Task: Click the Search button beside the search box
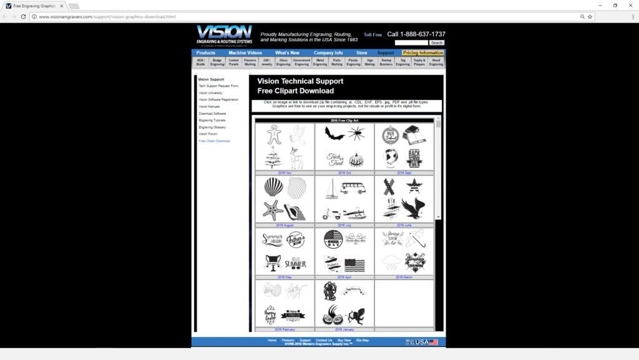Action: [x=437, y=42]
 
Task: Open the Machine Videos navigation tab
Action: [x=245, y=53]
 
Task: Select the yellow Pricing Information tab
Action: [x=423, y=53]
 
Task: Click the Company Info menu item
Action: [x=328, y=53]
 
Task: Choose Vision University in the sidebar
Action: [x=210, y=93]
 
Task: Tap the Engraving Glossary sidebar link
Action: [x=212, y=127]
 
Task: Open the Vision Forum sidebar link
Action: [x=208, y=134]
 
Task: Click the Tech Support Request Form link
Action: [x=218, y=86]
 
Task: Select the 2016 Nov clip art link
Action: [x=284, y=173]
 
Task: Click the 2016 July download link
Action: [x=344, y=225]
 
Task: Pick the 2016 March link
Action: [x=404, y=277]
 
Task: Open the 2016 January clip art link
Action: [x=344, y=329]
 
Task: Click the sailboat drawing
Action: [x=331, y=188]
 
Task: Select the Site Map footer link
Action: [x=362, y=340]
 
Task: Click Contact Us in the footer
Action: [x=324, y=340]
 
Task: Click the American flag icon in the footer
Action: [x=433, y=342]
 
